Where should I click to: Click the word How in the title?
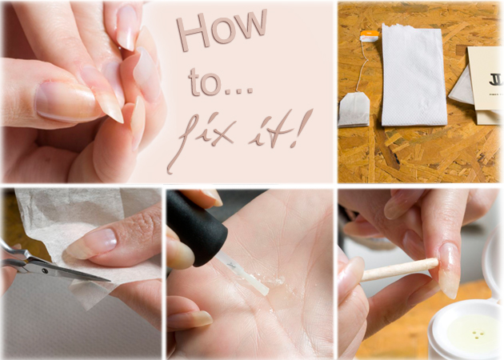coord(221,30)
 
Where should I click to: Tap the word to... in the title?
coord(221,82)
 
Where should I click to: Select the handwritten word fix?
coord(202,138)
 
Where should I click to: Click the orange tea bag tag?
coord(370,36)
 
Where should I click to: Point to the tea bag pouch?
coord(354,110)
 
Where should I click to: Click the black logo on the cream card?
coord(496,79)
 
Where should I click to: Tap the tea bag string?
coord(362,66)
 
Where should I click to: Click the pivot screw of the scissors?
coord(44,271)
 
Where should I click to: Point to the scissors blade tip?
coord(109,281)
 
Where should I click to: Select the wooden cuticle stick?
coord(400,270)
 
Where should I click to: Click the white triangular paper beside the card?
coord(462,87)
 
